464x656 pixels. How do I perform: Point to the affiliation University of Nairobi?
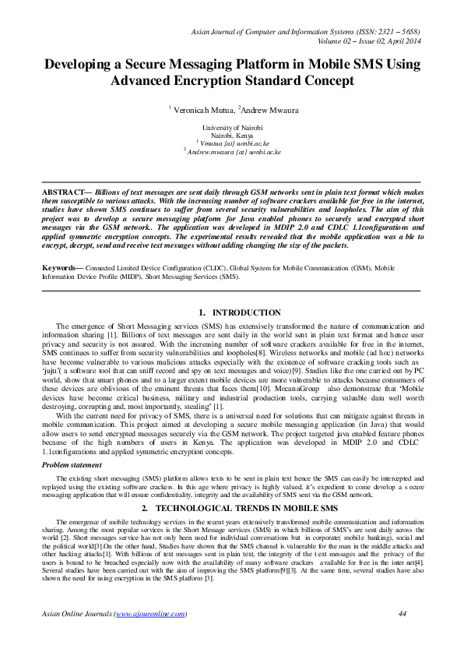coord(232,127)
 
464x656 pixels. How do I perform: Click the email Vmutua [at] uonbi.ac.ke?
coord(234,143)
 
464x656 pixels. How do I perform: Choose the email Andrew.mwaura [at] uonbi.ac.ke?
coord(234,152)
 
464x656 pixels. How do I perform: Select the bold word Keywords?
coord(62,266)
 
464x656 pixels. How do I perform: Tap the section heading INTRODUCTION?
coord(246,312)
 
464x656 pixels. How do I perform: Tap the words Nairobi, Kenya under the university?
coord(232,135)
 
